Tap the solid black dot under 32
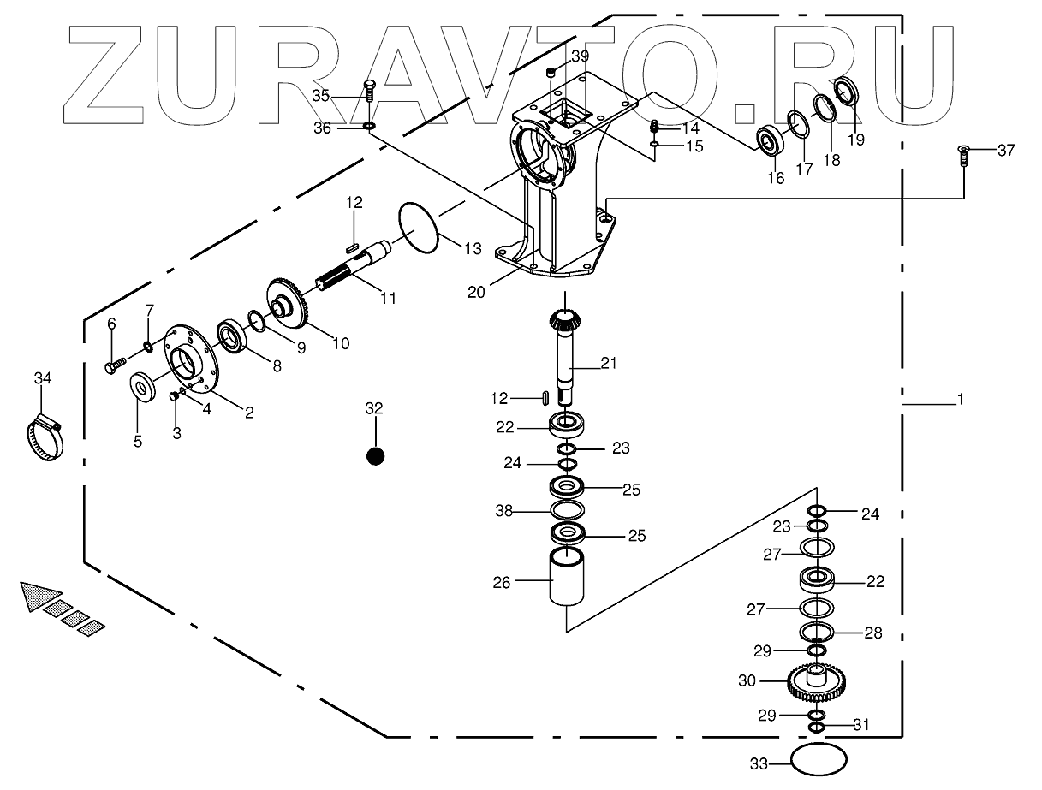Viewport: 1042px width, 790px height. [374, 456]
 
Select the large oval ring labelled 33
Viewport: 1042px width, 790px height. [819, 758]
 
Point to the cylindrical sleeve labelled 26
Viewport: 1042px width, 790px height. [567, 579]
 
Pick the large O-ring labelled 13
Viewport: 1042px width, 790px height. [419, 228]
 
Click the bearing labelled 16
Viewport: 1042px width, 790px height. [771, 140]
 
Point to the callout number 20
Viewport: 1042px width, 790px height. [477, 291]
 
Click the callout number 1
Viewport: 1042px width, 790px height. [960, 399]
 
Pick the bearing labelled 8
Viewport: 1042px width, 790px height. [233, 334]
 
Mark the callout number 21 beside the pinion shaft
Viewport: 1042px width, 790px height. [608, 363]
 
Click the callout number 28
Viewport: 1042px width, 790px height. [872, 633]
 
